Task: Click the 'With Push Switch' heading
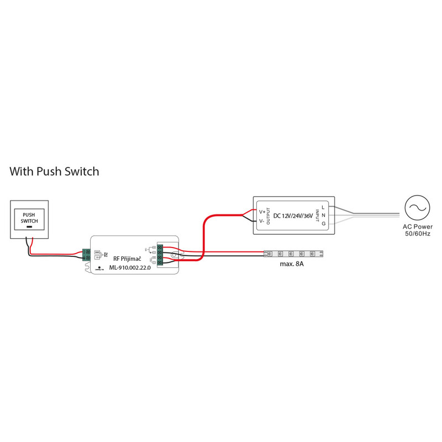point(54,171)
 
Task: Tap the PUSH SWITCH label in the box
point(29,217)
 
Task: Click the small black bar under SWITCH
point(29,227)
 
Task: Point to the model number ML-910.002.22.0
point(129,267)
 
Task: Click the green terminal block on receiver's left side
point(87,255)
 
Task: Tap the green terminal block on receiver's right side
point(160,254)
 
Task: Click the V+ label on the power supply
point(262,212)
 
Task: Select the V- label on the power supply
point(262,221)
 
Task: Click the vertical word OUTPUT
point(269,216)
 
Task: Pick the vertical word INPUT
point(317,215)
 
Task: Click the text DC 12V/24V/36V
point(293,215)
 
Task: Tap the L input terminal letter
point(323,207)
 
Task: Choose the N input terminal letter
point(323,215)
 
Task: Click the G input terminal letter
point(323,223)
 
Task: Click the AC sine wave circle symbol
point(417,208)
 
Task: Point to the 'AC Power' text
point(417,227)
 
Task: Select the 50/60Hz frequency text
point(417,234)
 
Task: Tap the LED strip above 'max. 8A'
point(293,254)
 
